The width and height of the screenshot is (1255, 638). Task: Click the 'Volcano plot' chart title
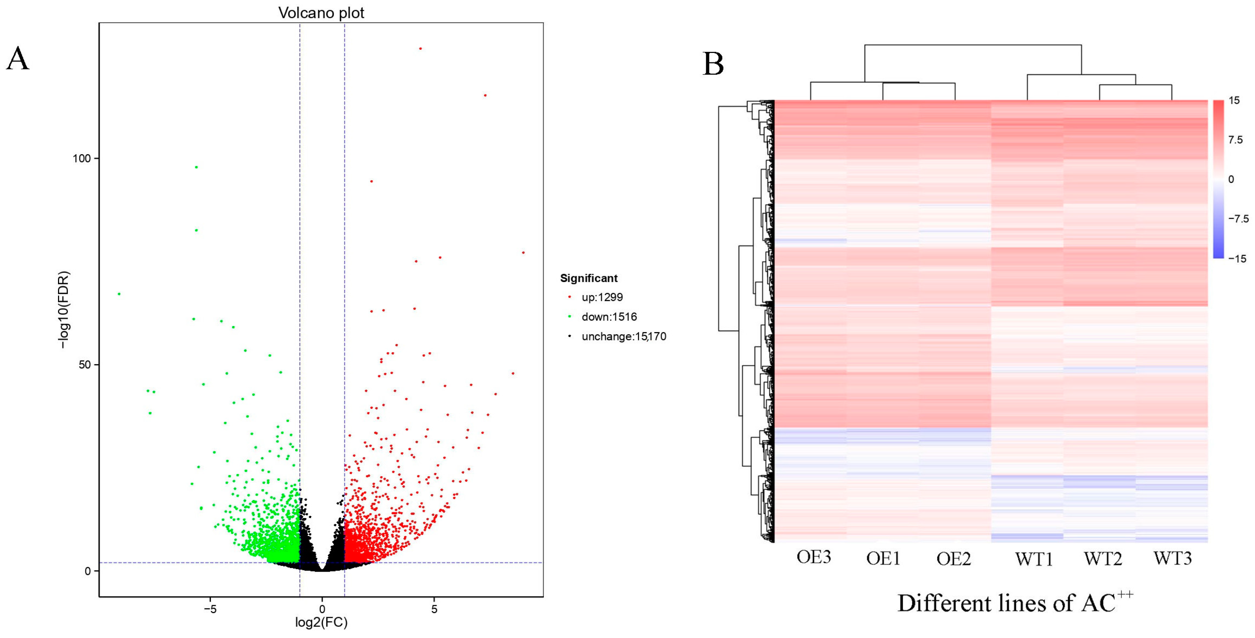pyautogui.click(x=321, y=13)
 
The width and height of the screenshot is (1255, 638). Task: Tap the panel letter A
pyautogui.click(x=18, y=59)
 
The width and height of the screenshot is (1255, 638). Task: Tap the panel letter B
pyautogui.click(x=713, y=64)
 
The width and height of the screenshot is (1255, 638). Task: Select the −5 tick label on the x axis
pyautogui.click(x=209, y=609)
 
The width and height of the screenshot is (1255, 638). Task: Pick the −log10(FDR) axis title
pyautogui.click(x=64, y=310)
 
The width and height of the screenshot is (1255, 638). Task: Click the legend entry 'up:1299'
pyautogui.click(x=602, y=297)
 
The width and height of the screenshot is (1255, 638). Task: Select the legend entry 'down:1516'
pyautogui.click(x=608, y=317)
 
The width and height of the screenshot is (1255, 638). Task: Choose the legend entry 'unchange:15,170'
pyautogui.click(x=623, y=336)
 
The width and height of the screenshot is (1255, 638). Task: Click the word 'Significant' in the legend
pyautogui.click(x=589, y=278)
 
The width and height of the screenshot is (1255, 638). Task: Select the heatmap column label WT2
pyautogui.click(x=1103, y=559)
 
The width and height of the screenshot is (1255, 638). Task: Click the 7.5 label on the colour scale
pyautogui.click(x=1236, y=140)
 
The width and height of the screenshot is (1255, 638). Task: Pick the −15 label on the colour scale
pyautogui.click(x=1237, y=259)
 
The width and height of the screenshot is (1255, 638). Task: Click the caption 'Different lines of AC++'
pyautogui.click(x=1015, y=603)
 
